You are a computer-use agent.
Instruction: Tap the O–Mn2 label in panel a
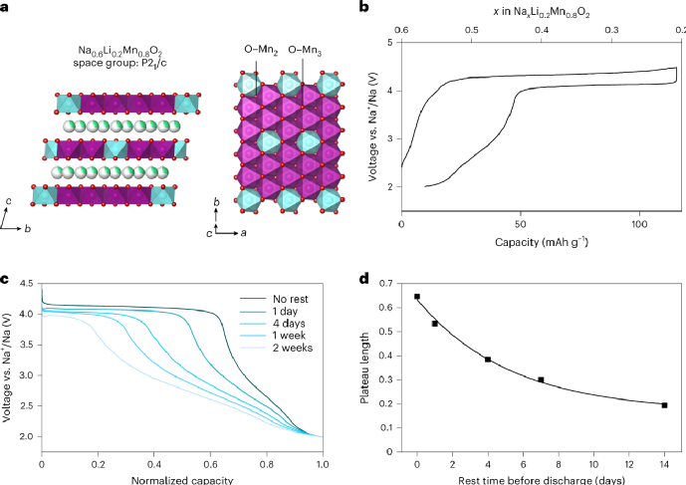pos(260,48)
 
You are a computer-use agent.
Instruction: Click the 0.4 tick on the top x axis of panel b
pos(542,30)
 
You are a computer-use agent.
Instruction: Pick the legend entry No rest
pos(269,297)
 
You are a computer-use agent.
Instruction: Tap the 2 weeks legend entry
pos(270,349)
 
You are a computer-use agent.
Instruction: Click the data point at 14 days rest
pos(664,405)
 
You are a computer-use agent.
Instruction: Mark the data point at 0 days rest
pos(417,297)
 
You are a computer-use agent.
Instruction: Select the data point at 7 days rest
pos(541,379)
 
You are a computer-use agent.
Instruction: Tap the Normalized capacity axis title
pos(181,479)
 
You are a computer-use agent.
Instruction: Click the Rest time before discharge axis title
pos(541,479)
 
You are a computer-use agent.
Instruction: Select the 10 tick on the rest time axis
pos(593,463)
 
